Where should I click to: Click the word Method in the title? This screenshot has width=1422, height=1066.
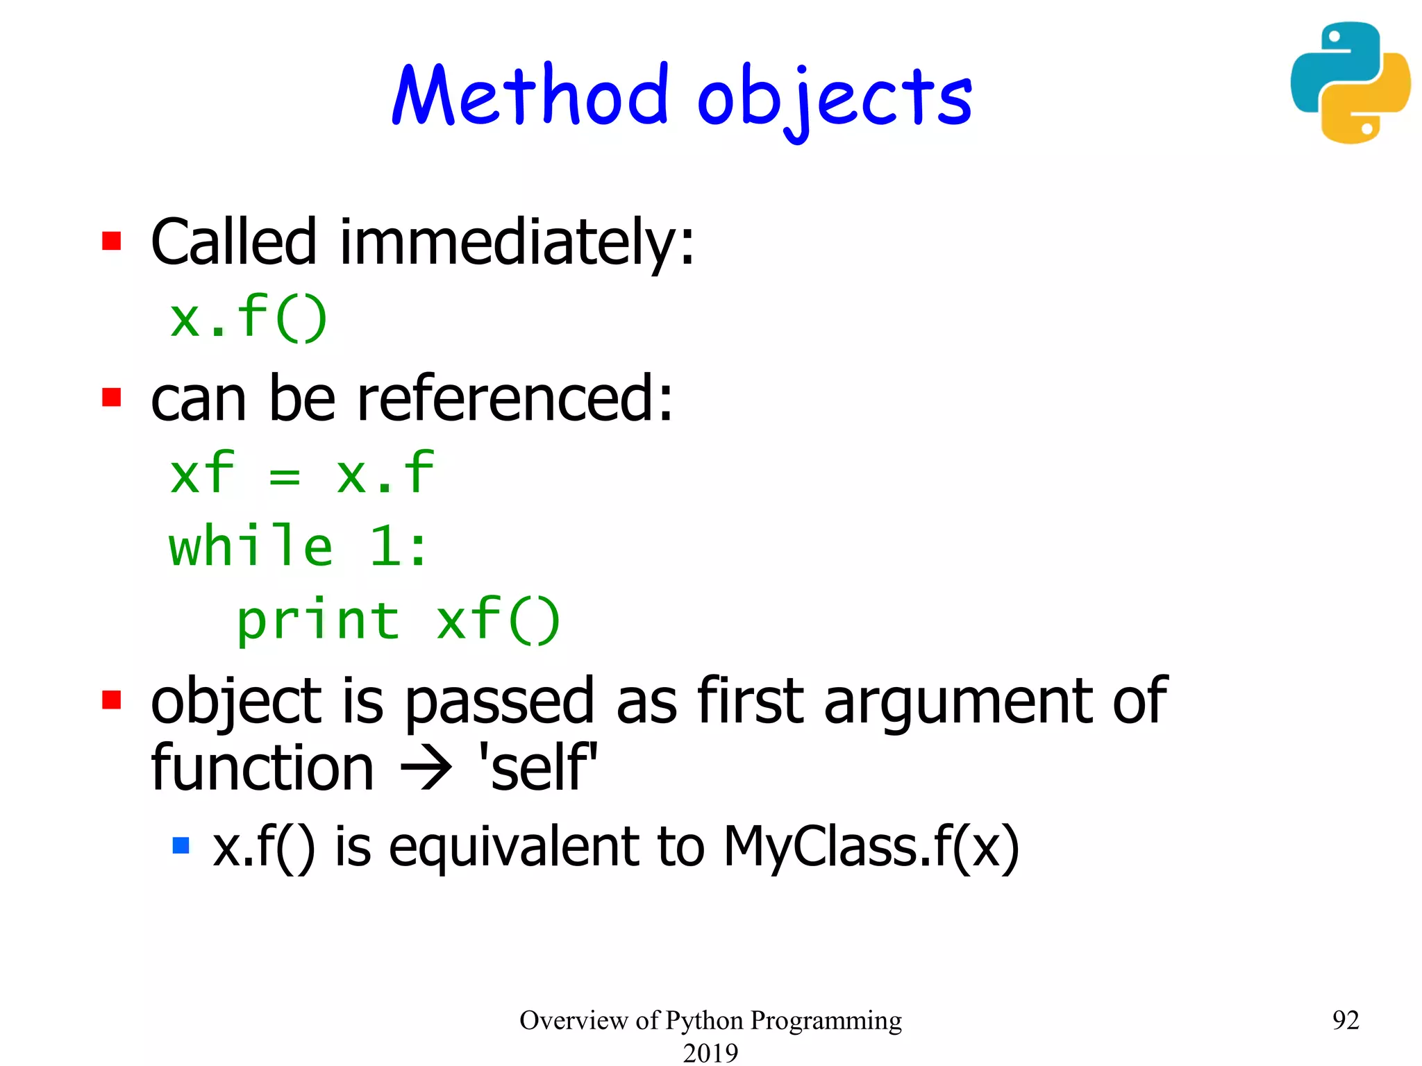pyautogui.click(x=530, y=96)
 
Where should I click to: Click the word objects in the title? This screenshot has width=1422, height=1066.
pyautogui.click(x=835, y=99)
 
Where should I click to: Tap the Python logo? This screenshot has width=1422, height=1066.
pyautogui.click(x=1350, y=83)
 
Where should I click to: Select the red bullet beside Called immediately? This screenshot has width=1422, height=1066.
pyautogui.click(x=112, y=241)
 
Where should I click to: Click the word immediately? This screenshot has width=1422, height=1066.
pyautogui.click(x=516, y=242)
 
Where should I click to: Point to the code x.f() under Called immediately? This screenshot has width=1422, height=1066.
pyautogui.click(x=248, y=318)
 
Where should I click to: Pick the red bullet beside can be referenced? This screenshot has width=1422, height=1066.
pyautogui.click(x=112, y=398)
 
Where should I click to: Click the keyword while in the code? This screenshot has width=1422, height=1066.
pyautogui.click(x=251, y=546)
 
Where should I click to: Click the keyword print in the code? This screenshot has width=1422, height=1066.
pyautogui.click(x=318, y=620)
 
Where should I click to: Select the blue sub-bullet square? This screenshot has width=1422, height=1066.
pyautogui.click(x=181, y=845)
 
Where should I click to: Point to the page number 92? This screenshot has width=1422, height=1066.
pyautogui.click(x=1346, y=1020)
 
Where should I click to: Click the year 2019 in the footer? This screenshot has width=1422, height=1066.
pyautogui.click(x=710, y=1052)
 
